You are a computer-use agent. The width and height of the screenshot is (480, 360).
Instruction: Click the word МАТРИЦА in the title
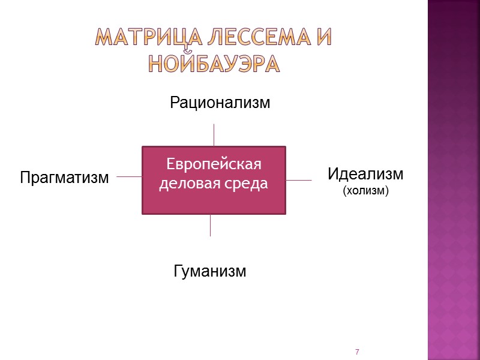(133, 39)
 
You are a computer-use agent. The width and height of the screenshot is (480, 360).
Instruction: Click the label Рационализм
(220, 103)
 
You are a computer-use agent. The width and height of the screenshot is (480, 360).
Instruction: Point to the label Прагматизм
(65, 178)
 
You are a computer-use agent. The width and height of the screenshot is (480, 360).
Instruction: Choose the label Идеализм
(365, 175)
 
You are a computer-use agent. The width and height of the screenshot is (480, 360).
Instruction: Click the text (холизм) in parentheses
(366, 191)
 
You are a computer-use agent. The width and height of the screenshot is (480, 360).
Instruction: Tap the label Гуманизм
(210, 271)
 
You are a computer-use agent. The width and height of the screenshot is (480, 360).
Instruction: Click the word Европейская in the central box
(214, 164)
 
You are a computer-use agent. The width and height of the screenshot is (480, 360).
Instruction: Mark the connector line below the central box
(210, 225)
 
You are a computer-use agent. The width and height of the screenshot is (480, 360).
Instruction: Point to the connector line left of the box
(129, 176)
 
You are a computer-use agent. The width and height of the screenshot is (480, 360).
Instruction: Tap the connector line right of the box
(299, 179)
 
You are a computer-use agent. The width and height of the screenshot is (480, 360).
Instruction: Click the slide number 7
(357, 351)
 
